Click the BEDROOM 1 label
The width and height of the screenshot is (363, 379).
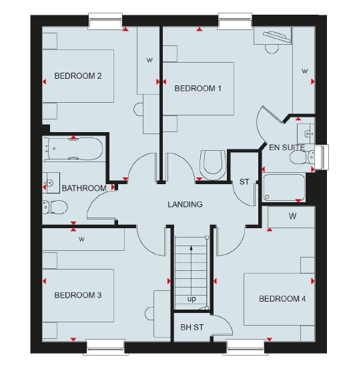198,89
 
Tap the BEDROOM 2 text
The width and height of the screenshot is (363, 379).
78,76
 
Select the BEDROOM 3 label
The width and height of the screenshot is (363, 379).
78,295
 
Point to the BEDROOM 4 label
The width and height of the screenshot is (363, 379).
282,299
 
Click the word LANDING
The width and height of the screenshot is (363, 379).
185,204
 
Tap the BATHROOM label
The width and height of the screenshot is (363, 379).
84,188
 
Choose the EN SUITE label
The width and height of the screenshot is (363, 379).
287,147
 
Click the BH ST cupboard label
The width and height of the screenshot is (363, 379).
192,328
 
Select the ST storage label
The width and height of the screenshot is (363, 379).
244,181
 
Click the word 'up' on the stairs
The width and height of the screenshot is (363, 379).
192,299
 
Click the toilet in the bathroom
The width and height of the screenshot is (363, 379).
55,207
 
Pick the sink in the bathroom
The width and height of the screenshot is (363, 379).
51,183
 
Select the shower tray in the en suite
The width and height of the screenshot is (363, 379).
284,187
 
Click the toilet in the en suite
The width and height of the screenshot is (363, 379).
302,157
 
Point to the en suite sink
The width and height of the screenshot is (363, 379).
306,133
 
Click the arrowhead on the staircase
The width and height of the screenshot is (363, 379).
191,248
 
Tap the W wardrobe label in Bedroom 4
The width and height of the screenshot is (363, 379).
292,216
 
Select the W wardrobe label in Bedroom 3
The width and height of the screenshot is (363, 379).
81,240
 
